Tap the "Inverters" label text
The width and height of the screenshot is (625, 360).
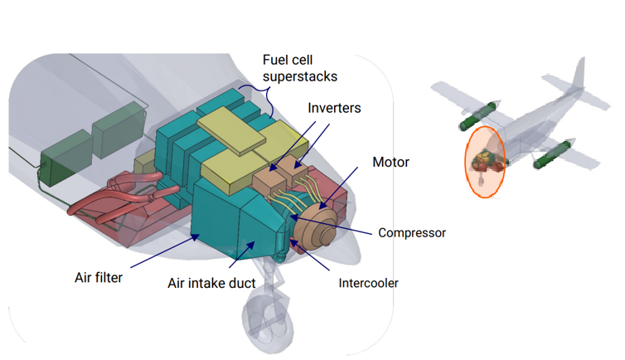(x=334, y=109)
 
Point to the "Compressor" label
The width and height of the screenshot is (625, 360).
(x=411, y=232)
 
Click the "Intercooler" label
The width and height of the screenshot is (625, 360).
(x=368, y=283)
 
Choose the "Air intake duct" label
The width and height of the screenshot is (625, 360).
(x=211, y=283)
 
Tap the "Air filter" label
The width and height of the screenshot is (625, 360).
(x=99, y=277)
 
